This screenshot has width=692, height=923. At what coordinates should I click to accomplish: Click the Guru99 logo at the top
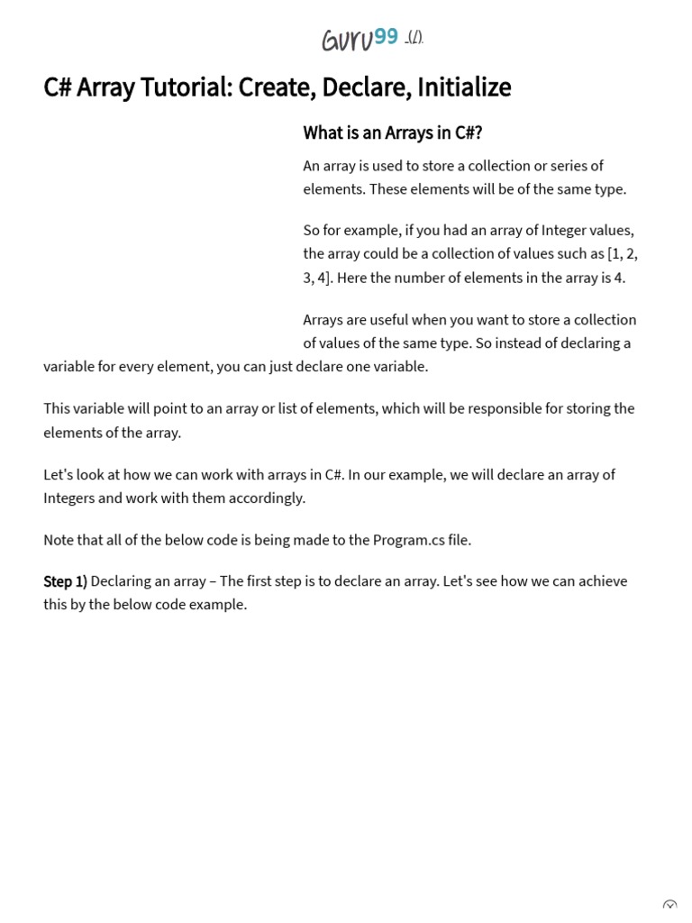pos(360,39)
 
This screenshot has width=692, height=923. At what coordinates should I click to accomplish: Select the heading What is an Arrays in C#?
pos(392,133)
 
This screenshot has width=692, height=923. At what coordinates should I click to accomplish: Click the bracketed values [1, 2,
pos(623,253)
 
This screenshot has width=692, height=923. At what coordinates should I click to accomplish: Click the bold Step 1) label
pos(65,581)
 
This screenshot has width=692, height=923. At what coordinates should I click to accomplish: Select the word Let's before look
pos(59,474)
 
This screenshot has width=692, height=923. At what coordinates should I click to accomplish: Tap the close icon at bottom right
pos(669,906)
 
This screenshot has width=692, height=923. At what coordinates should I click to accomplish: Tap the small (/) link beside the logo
pos(414,39)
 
